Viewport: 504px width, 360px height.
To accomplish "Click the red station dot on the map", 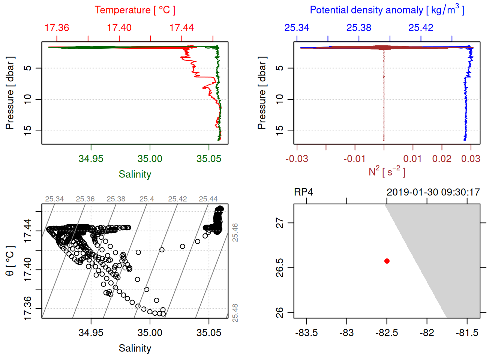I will point(387,261).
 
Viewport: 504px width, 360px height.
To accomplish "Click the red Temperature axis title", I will point(135,10).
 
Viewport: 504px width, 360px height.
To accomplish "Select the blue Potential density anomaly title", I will point(387,10).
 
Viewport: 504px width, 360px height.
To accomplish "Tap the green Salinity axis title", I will point(135,174).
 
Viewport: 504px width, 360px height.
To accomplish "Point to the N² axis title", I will point(387,171).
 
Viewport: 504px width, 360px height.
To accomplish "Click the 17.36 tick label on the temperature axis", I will point(57,28).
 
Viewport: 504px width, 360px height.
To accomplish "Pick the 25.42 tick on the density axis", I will point(421,28).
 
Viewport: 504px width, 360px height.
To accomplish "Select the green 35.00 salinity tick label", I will point(150,159).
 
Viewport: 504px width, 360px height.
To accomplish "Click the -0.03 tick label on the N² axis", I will point(297,159).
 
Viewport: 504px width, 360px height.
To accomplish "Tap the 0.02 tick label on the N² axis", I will point(442,159).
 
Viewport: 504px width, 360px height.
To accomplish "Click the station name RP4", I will point(303,192).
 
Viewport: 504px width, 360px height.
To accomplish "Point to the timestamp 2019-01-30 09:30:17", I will point(433,192).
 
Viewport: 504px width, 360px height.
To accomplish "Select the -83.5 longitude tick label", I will point(306,333).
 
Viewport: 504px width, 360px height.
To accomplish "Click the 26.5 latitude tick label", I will point(280,268).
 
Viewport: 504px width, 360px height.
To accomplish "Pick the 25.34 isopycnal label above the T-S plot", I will point(54,199).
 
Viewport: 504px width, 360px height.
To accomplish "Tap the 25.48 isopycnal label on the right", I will point(235,313).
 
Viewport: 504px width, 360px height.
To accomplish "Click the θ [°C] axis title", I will point(10,261).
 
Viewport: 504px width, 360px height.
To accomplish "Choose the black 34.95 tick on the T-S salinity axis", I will point(91,333).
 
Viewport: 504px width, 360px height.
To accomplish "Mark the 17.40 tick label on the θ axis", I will point(28,270).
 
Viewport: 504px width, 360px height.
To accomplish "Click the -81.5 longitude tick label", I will point(467,333).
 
